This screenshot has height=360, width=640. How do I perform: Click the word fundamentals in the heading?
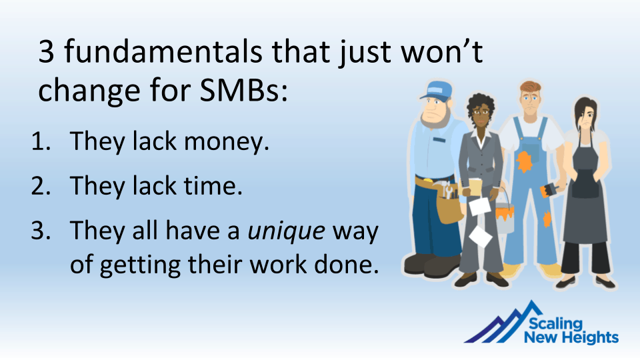[163, 52]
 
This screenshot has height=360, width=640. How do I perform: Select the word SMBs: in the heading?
[244, 90]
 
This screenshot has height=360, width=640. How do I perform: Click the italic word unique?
[287, 231]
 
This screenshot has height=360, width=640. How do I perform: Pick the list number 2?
[41, 186]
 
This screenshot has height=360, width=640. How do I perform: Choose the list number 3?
[41, 231]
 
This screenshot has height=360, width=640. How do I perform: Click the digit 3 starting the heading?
[46, 52]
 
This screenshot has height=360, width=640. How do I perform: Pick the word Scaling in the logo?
[555, 324]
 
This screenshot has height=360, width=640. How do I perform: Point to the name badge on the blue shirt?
[439, 140]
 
